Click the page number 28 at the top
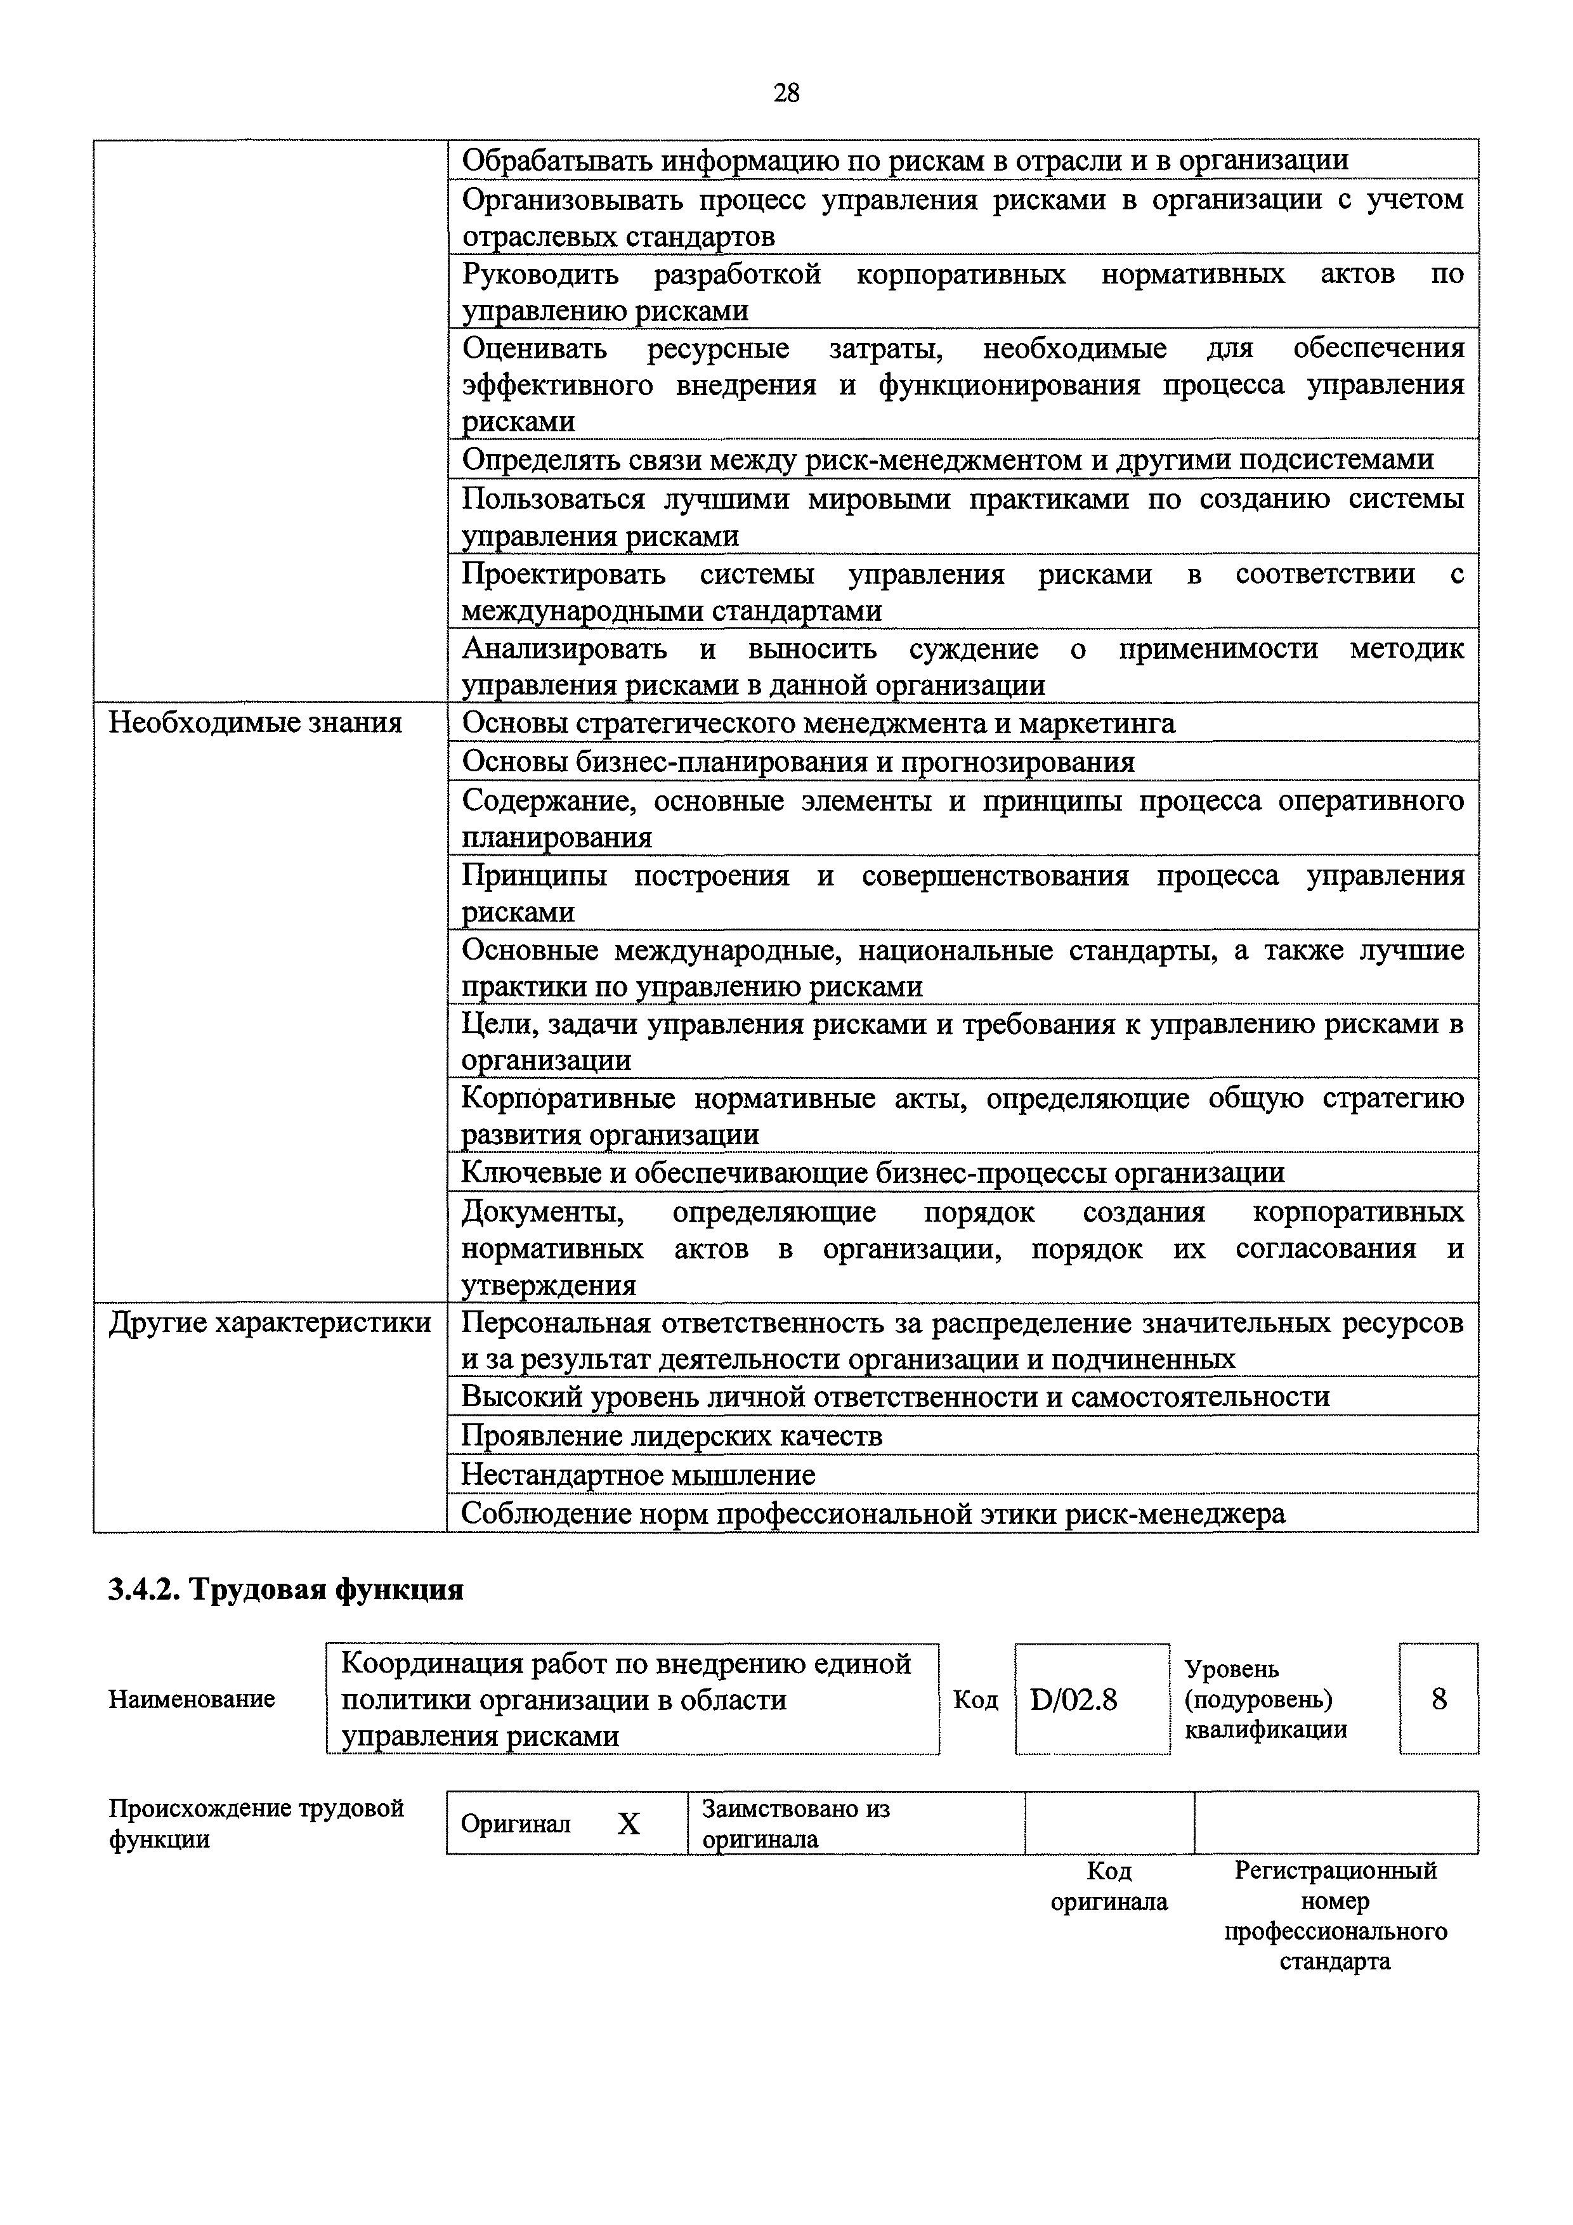786,93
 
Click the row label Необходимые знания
255,723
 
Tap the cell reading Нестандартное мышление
637,1474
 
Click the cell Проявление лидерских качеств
672,1435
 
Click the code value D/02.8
1073,1700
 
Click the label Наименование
192,1699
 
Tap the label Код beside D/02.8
975,1700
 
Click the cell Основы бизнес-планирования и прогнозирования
798,762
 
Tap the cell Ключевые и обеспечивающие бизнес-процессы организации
872,1173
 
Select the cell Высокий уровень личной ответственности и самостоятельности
894,1397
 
